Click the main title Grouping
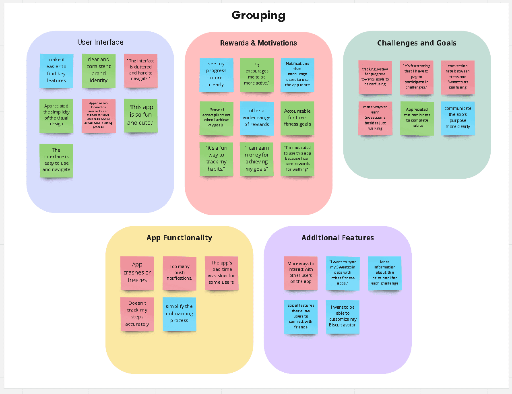pos(258,16)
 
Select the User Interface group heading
pos(100,42)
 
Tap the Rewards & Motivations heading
pos(258,43)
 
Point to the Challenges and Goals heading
pos(417,43)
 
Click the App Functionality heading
pos(179,238)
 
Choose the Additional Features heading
pos(337,238)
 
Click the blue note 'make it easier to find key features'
pos(56,70)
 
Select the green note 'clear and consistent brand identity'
pos(99,70)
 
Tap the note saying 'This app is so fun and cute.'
pos(141,115)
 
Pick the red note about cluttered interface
pos(141,70)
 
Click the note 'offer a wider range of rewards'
pos(257,118)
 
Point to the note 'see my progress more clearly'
pos(217,74)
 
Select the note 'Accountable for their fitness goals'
pos(297,118)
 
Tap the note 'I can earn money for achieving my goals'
pos(257,159)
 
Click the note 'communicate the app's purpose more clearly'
pos(458,118)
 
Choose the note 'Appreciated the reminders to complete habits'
pos(417,118)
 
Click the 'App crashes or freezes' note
pos(137,273)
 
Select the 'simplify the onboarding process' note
pos(180,314)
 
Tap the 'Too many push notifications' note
pos(180,273)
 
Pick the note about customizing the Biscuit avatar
pos(343,316)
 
